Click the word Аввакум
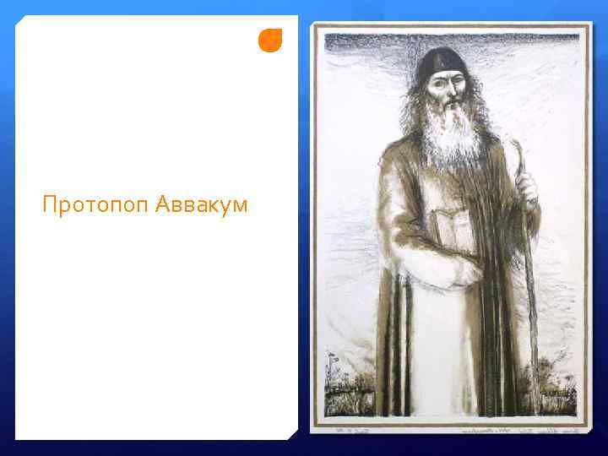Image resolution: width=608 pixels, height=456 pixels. pos(202,205)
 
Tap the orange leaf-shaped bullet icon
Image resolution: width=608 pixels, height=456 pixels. pos(269,40)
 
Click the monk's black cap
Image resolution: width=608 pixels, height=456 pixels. pos(442,62)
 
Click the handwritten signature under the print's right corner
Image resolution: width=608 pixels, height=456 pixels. pos(528,430)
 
